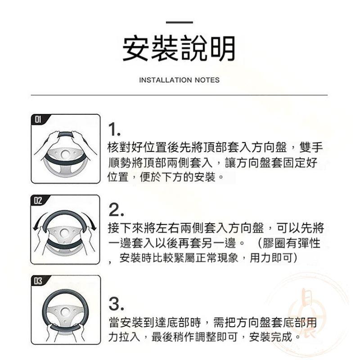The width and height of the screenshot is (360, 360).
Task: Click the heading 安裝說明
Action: tap(180, 49)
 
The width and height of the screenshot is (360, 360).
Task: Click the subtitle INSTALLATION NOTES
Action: tap(180, 80)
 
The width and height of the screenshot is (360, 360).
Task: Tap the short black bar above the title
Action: tap(180, 22)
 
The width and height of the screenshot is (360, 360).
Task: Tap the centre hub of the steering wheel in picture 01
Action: tap(66, 156)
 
